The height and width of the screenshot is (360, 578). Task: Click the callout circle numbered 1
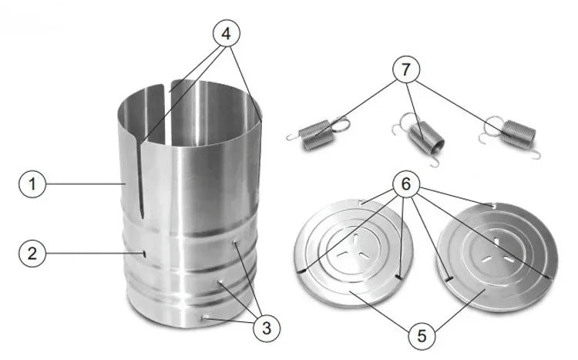(x=32, y=184)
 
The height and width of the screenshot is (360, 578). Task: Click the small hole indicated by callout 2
(x=144, y=254)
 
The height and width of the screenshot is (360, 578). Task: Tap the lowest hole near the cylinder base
(x=206, y=315)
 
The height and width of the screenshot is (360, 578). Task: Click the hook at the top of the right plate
(x=491, y=205)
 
